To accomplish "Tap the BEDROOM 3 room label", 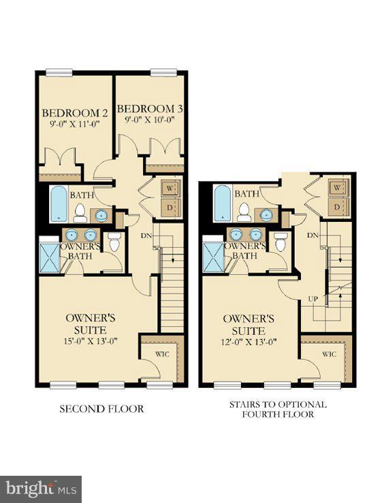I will point(149,108).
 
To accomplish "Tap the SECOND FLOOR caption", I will point(101,408).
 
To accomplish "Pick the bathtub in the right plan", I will point(222,203).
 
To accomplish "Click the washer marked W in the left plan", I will point(170,188).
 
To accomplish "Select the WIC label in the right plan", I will point(329,354).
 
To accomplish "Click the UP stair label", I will point(315,298).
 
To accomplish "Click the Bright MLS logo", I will point(42,488).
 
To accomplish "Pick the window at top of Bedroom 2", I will point(59,71).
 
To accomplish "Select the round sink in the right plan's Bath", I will point(266,214).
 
